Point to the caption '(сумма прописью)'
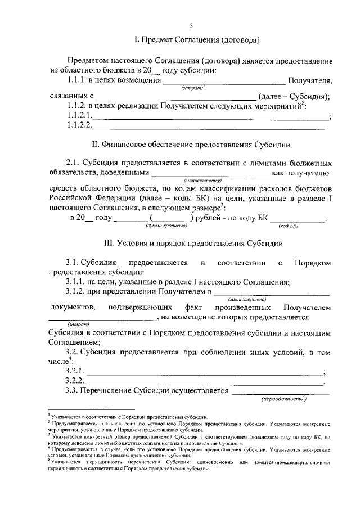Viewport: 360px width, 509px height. (162, 226)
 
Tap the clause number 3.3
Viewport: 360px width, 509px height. (72, 391)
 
